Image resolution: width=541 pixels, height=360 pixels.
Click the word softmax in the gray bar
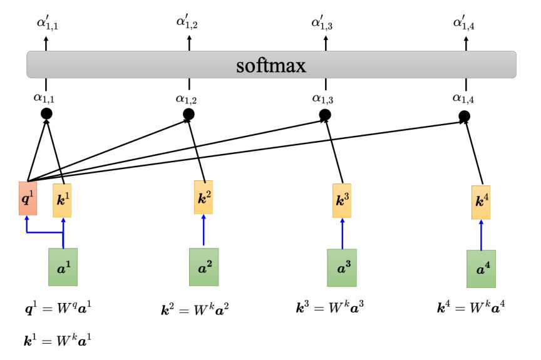[271, 66]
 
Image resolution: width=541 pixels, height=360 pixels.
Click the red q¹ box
[28, 198]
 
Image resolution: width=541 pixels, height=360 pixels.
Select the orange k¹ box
[62, 200]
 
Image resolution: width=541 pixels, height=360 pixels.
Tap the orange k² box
[204, 197]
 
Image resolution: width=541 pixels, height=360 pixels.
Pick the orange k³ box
[342, 201]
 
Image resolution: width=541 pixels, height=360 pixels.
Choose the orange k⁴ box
[481, 202]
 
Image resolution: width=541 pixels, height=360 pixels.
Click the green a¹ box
[63, 267]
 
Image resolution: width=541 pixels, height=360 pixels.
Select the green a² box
[204, 267]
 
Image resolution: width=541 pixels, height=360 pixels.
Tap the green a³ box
[342, 268]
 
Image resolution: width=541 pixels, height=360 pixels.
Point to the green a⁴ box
[482, 269]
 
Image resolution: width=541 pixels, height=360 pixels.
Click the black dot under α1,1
[46, 113]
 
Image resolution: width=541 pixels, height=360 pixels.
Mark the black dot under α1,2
[188, 114]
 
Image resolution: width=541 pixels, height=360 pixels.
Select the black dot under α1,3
[325, 115]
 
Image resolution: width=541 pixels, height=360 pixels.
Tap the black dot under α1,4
[465, 116]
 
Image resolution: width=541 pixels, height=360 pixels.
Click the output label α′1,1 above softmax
[48, 23]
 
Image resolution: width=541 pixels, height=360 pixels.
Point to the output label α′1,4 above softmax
[464, 23]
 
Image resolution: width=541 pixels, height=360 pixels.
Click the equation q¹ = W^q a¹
[58, 307]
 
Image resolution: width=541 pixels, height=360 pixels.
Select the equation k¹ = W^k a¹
[58, 341]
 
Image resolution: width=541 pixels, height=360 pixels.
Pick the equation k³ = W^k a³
[330, 307]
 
